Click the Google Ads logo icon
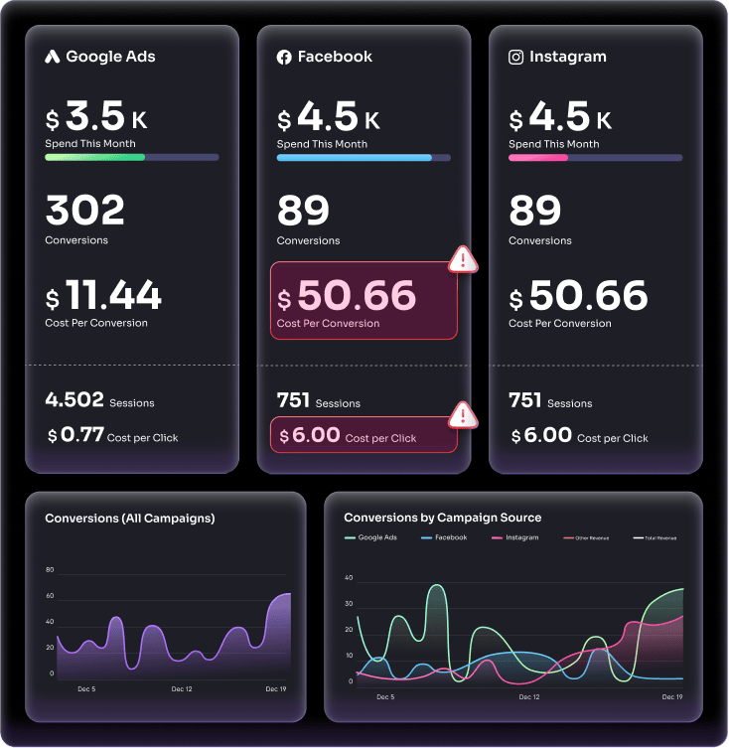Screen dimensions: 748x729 pos(53,57)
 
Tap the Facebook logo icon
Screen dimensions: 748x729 pos(284,58)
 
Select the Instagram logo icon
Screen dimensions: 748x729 pos(515,57)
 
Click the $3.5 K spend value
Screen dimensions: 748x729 pos(96,119)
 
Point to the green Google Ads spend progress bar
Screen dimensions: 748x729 pos(95,157)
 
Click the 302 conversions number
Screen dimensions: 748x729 pos(85,211)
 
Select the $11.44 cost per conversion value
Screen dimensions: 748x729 pos(103,295)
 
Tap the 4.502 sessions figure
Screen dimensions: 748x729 pos(74,399)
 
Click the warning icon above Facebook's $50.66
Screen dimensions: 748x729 pos(463,259)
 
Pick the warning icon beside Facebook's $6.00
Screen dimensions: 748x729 pos(463,413)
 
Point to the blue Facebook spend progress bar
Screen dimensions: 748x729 pos(354,157)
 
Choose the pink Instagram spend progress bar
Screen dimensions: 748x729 pos(537,157)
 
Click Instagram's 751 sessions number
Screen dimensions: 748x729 pos(524,399)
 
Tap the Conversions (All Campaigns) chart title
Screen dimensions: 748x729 pos(130,518)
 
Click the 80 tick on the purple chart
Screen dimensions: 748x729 pos(50,570)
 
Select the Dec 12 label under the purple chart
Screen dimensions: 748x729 pos(181,688)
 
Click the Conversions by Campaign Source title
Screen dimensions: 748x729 pos(442,517)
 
